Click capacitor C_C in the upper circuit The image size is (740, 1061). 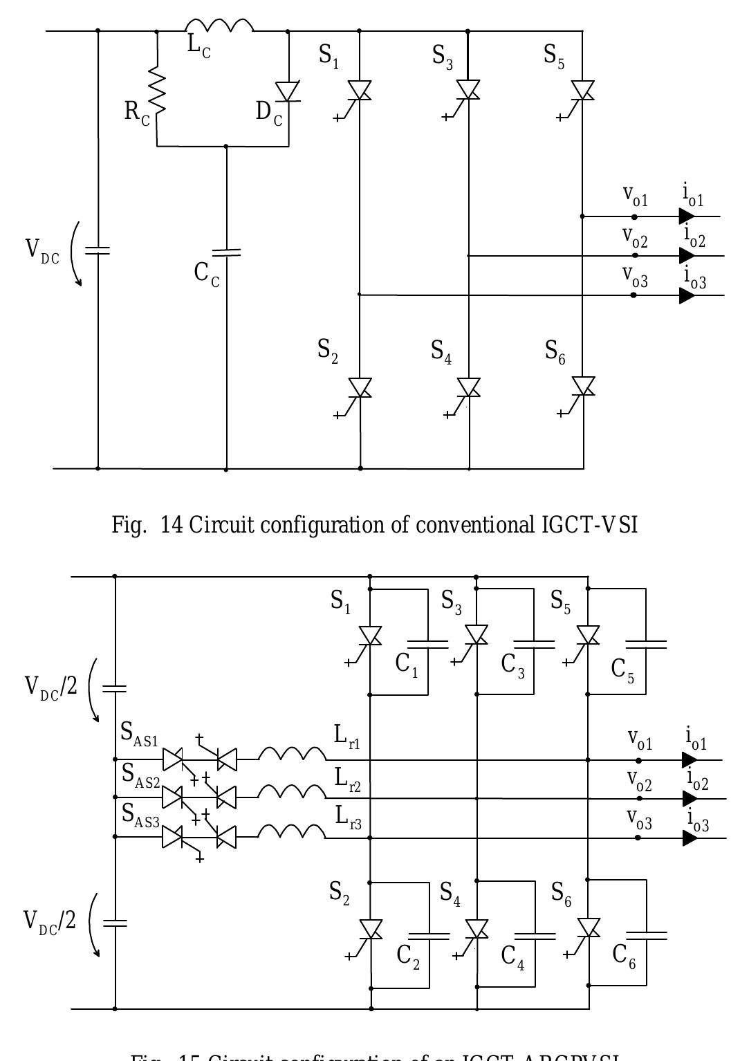click(226, 252)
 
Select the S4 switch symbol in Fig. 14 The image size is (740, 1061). click(469, 388)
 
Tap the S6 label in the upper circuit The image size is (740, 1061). click(555, 351)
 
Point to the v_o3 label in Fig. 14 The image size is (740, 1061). click(635, 278)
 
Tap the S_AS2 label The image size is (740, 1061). click(141, 776)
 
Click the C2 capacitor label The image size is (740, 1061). click(408, 957)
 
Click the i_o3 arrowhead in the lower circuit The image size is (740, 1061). click(689, 838)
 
